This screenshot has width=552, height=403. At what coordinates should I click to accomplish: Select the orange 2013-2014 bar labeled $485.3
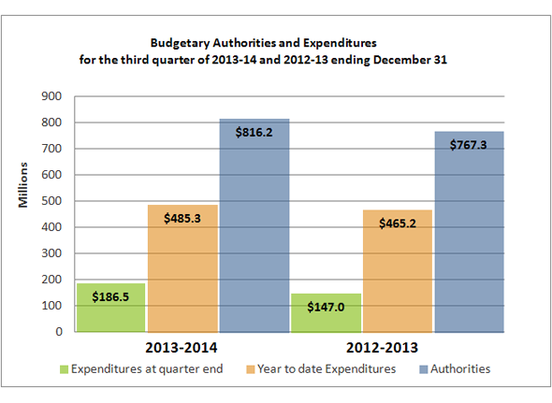pyautogui.click(x=182, y=271)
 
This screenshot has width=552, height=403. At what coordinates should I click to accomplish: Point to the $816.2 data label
pyautogui.click(x=254, y=134)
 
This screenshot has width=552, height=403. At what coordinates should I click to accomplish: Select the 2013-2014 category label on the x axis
pyautogui.click(x=182, y=347)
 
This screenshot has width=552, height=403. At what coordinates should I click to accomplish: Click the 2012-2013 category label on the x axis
pyautogui.click(x=398, y=347)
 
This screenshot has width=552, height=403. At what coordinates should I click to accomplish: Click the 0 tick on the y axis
pyautogui.click(x=58, y=332)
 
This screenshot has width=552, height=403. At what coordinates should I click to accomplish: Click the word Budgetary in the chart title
pyautogui.click(x=182, y=43)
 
